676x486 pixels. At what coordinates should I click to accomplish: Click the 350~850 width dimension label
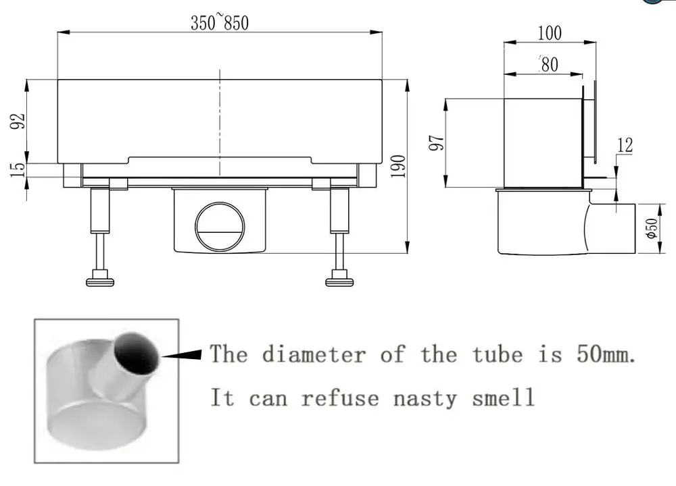(x=220, y=23)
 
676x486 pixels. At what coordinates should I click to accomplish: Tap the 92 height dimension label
(x=18, y=122)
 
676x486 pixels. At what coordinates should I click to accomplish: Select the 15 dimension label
(x=18, y=169)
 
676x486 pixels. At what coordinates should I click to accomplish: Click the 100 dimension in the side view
(x=550, y=33)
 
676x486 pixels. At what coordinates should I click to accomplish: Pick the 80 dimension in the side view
(x=549, y=65)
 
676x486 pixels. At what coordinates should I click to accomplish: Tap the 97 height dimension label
(x=436, y=143)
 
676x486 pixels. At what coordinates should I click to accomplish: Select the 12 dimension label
(x=625, y=146)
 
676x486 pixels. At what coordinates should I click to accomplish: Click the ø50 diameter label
(x=652, y=228)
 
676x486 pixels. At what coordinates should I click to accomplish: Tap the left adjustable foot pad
(x=100, y=282)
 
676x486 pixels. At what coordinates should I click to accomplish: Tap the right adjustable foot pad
(x=339, y=282)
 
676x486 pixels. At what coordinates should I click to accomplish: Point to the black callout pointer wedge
(x=183, y=355)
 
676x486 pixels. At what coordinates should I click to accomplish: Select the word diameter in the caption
(x=314, y=354)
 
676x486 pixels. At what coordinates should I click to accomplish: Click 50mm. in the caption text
(x=606, y=354)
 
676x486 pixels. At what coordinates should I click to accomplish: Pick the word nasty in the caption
(x=425, y=399)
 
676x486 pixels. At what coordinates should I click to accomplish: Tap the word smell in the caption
(x=503, y=397)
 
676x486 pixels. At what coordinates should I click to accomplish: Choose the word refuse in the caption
(x=340, y=398)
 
